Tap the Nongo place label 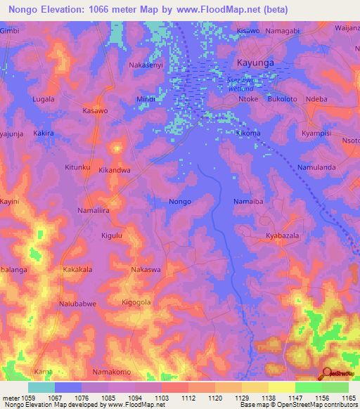coord(180,202)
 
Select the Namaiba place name coord(247,202)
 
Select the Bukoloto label coord(281,99)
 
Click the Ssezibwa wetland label coord(240,84)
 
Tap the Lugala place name coord(43,99)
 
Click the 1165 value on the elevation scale coord(347,397)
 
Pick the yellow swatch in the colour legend coord(281,387)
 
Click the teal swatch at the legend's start coord(41,387)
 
